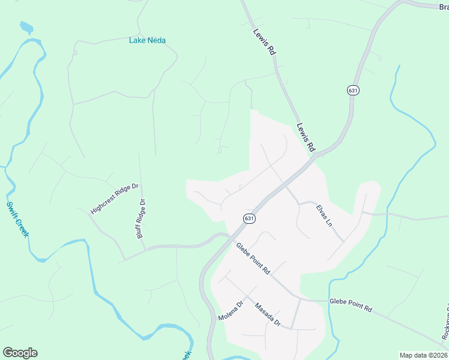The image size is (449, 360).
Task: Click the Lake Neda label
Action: [x=147, y=40]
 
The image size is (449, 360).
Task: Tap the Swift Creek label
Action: [x=17, y=219]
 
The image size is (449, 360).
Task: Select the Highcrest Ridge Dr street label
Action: [x=114, y=199]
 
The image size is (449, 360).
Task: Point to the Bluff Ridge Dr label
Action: [x=141, y=220]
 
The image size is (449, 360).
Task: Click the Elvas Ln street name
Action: [x=324, y=214]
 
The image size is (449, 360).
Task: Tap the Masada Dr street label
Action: [x=268, y=314]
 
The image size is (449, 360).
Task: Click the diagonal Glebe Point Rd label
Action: [x=253, y=259]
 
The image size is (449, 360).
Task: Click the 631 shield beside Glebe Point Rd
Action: [x=250, y=219]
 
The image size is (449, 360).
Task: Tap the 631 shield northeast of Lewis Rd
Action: [x=353, y=90]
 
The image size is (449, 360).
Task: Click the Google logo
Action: [x=20, y=353]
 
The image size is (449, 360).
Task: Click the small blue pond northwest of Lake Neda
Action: [x=26, y=28]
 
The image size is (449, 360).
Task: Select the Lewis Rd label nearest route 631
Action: [x=306, y=137]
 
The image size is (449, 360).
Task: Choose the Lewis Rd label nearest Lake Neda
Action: [x=264, y=43]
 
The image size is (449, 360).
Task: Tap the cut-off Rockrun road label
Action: [x=445, y=327]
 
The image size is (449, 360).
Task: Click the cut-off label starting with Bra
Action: [x=443, y=7]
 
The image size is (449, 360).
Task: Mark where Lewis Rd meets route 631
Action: [x=315, y=155]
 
